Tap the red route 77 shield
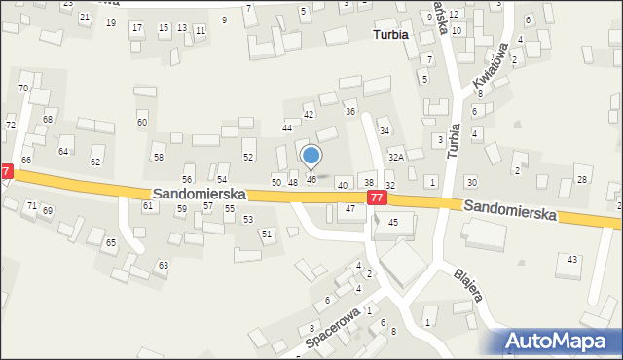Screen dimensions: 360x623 tap(378, 198)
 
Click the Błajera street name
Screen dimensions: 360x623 tap(469, 285)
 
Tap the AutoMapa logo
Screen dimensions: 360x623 tap(562, 341)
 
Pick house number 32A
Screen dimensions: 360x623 tap(396, 156)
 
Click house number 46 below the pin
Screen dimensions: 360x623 tap(311, 179)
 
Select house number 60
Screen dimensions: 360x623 tap(142, 122)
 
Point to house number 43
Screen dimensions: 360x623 tap(572, 258)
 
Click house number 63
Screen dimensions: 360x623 tap(164, 265)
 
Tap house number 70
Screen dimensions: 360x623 tap(22, 88)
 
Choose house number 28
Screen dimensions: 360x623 tap(582, 179)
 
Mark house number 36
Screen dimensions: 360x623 tap(350, 111)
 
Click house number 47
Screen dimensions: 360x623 tap(350, 209)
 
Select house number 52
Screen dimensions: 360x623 tap(248, 157)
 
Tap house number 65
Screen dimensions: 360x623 tap(111, 242)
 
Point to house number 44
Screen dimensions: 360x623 tap(287, 127)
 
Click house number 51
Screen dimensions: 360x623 tap(267, 234)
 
